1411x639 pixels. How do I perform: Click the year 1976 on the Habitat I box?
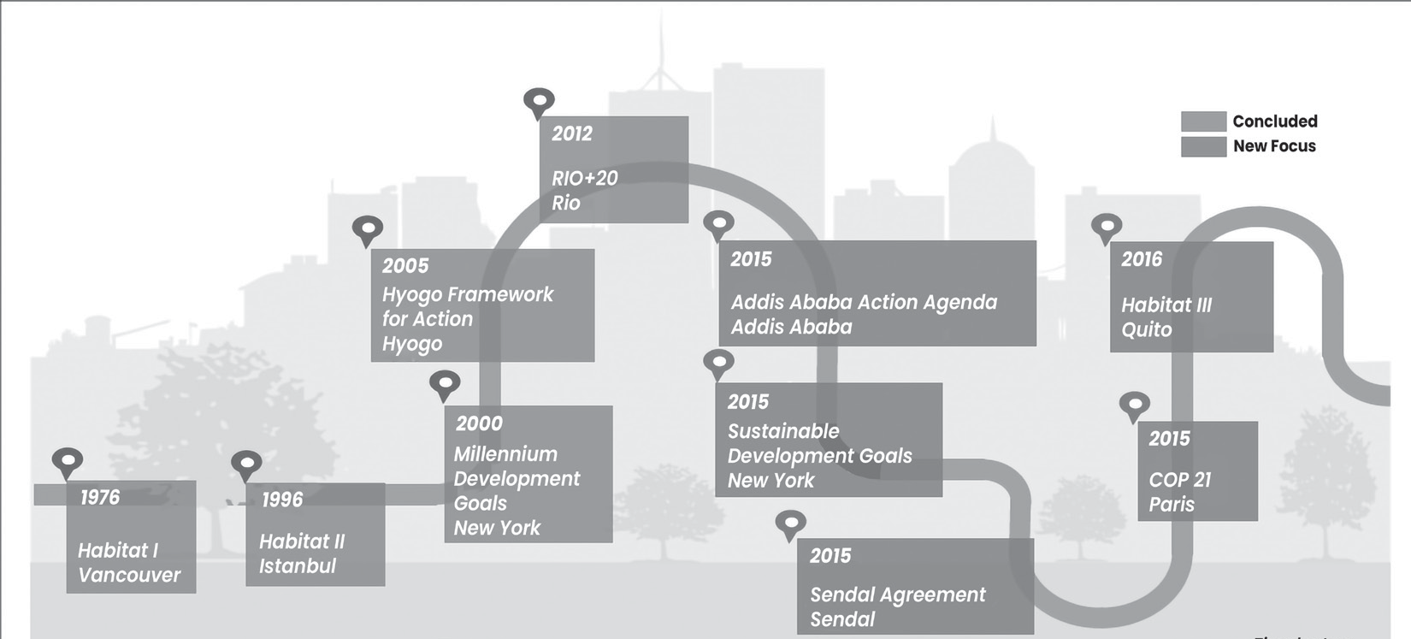coord(100,497)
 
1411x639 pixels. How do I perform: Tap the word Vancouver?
coord(129,575)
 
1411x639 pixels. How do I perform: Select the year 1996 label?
coord(282,500)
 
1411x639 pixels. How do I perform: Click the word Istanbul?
coord(298,566)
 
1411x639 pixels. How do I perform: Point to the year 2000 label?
coord(480,423)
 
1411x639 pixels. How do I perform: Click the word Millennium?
coord(505,453)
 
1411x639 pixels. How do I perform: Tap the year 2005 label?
coord(405,266)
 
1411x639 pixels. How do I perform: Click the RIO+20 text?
coord(585,178)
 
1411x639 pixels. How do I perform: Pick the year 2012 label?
coord(572,133)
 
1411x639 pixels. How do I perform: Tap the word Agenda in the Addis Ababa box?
coord(960,304)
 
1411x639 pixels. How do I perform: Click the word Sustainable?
coord(783,431)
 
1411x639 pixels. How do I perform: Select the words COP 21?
coord(1180,480)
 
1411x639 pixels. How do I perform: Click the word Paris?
coord(1172,504)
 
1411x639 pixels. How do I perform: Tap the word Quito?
coord(1147,329)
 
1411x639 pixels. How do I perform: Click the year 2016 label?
coord(1142,259)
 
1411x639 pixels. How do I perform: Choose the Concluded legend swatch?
coord(1204,121)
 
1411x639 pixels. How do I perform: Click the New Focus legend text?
coord(1274,146)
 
